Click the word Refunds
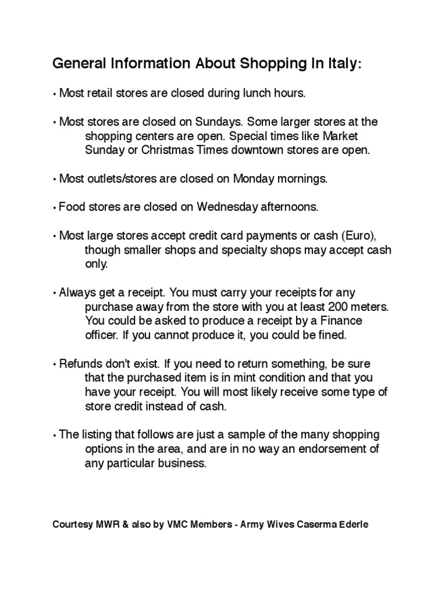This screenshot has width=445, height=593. [x=79, y=364]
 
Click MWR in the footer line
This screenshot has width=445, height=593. [x=107, y=525]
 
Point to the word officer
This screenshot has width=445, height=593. [x=101, y=335]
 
